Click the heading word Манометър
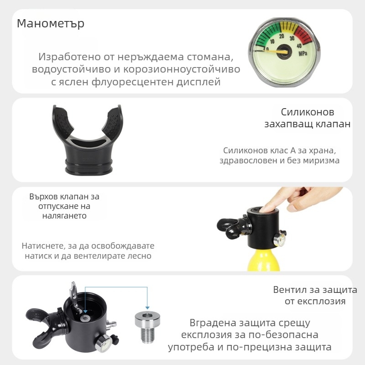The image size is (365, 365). [51, 23]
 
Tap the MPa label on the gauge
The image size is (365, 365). [302, 53]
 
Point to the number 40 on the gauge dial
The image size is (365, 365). [299, 45]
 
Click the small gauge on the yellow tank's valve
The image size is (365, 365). [281, 238]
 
